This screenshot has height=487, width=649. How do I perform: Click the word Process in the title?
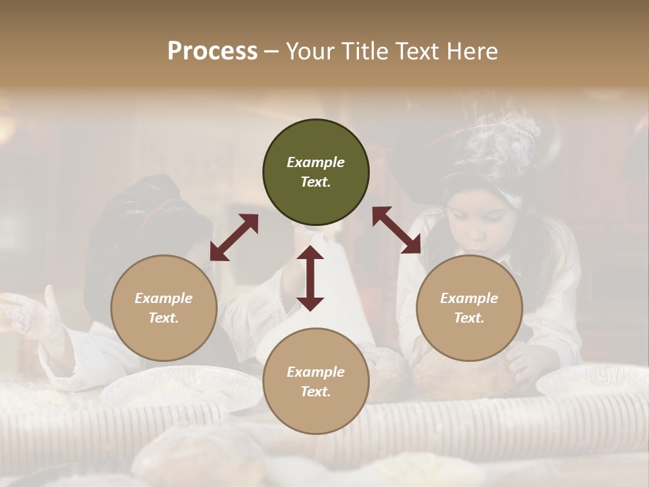pyautogui.click(x=212, y=51)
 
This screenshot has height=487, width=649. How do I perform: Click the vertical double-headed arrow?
pyautogui.click(x=310, y=278)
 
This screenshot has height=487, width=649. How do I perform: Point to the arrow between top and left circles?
pyautogui.click(x=234, y=237)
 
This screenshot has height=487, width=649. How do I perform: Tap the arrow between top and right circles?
pyautogui.click(x=396, y=230)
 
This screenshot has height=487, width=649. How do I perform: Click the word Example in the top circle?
pyautogui.click(x=316, y=162)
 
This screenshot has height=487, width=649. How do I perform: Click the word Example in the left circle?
pyautogui.click(x=164, y=298)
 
